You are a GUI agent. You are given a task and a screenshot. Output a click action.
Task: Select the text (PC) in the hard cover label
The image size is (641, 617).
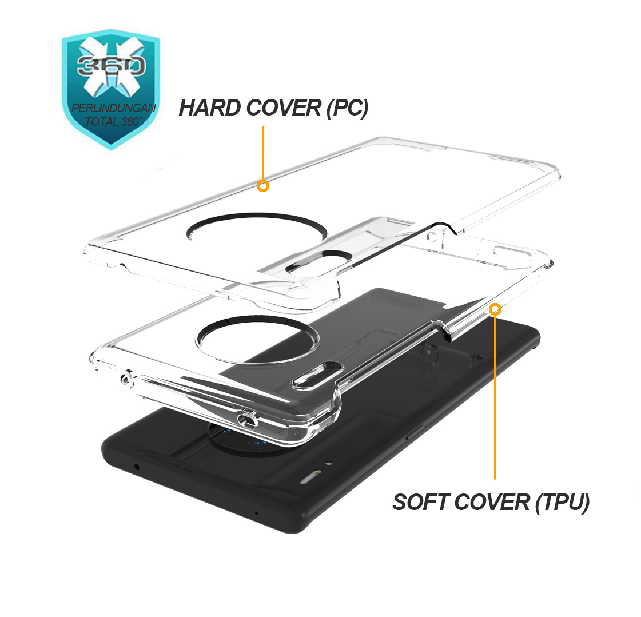coord(348,108)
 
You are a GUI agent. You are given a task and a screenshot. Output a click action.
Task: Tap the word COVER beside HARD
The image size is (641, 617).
coord(284,108)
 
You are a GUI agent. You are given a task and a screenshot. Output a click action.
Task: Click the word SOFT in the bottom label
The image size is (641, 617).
coord(420,502)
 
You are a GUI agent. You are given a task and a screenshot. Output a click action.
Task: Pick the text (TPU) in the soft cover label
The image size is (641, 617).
coord(563,503)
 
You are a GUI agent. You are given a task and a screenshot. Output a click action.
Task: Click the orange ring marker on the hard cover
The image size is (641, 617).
coord(263,186)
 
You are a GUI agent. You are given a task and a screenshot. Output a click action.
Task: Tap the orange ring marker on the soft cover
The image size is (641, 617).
coord(495,309)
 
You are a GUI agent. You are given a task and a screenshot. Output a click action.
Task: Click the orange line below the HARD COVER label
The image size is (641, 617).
coord(263,153)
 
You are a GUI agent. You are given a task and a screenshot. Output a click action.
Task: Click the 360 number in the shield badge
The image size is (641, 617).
coord(111,66)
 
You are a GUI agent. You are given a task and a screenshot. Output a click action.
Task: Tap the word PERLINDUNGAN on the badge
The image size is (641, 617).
coord(114,108)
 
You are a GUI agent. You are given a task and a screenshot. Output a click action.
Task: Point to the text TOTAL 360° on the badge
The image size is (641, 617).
coord(114,121)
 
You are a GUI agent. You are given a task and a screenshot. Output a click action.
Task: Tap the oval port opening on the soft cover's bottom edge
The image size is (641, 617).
coord(248,420)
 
